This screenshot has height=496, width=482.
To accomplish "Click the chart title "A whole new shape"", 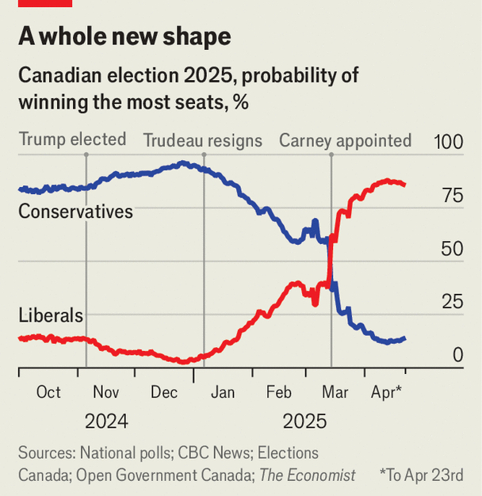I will click(x=125, y=36).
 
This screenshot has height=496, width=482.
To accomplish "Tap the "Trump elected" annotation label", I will click(x=72, y=139).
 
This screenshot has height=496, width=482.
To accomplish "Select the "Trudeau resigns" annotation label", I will click(x=202, y=141).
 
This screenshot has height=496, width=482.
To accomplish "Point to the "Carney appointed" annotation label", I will click(x=345, y=141).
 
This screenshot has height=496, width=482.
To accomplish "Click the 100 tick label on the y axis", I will click(x=448, y=143).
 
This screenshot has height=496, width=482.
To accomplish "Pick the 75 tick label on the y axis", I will click(x=452, y=196).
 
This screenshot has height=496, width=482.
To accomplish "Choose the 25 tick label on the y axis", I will click(x=452, y=302).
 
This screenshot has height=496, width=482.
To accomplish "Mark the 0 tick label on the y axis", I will click(x=457, y=355).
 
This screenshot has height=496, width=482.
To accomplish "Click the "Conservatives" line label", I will click(x=75, y=212).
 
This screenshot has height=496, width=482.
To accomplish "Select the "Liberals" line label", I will click(x=51, y=315).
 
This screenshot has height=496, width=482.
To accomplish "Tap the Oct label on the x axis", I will click(x=48, y=392).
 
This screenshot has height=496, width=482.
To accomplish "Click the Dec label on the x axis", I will click(x=164, y=392).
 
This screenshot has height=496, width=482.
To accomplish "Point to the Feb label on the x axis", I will click(x=279, y=392).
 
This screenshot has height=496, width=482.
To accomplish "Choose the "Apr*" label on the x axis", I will click(x=387, y=392).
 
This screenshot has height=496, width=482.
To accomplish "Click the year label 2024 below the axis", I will click(x=106, y=421).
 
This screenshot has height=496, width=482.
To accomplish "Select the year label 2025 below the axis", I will click(x=304, y=421).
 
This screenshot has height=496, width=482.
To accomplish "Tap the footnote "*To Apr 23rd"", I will click(x=421, y=475).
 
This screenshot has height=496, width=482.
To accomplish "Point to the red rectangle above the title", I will click(x=44, y=3).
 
